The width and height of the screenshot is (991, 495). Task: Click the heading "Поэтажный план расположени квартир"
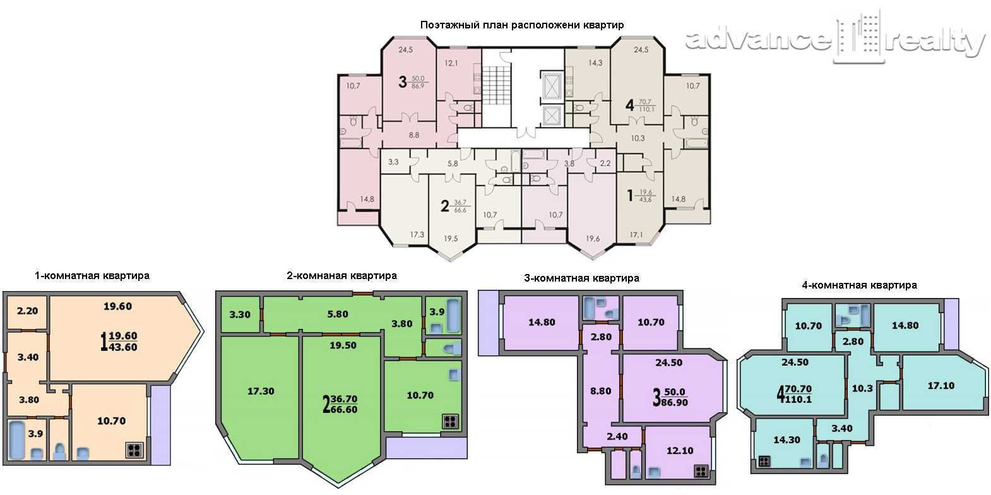pos(521,25)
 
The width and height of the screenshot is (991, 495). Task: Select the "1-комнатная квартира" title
pos(92,275)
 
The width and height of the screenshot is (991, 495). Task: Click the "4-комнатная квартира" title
pos(859,285)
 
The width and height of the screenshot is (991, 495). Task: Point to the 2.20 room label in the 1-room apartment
pos(27,311)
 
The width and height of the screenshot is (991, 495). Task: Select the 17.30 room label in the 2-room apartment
pos(261,391)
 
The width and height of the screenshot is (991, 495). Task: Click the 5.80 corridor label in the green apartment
pos(338,314)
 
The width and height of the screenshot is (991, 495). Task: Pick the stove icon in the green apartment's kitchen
pos(450,422)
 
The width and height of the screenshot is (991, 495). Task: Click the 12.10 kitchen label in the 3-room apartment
pos(680,450)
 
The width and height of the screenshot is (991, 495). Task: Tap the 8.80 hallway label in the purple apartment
pos(601,391)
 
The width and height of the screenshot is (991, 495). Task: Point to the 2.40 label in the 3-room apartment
pos(617,437)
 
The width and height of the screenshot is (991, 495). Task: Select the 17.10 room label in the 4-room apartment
pos(941,386)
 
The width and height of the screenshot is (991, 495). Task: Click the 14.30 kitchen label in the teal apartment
pos(786,439)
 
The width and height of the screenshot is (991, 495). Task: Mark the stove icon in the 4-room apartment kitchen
pos(764,462)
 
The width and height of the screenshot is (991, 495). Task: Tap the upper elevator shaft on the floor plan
pos(552,86)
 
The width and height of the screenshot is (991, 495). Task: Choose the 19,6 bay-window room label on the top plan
pos(593,239)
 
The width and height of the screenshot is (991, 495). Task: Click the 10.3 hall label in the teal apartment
pos(863,388)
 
